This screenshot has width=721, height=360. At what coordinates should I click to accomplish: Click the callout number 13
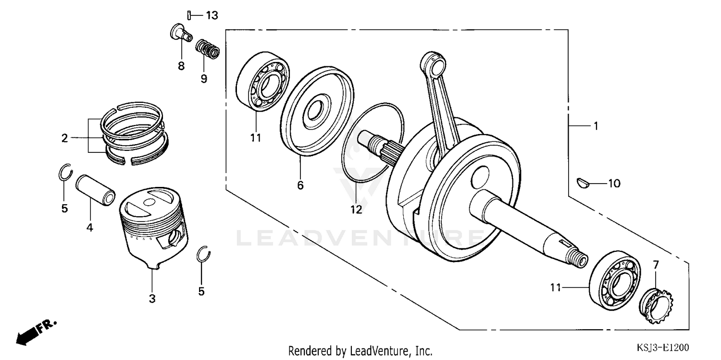pos(211,15)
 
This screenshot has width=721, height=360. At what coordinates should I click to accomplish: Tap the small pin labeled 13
pos(190,15)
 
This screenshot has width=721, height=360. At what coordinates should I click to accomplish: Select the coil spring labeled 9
pos(208,49)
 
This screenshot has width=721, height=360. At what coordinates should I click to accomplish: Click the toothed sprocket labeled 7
pos(658,304)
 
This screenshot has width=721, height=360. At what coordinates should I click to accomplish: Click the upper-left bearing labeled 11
pos(262,84)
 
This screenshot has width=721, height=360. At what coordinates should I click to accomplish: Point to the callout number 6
pos(300,185)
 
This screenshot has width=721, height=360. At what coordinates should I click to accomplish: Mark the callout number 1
pos(596,126)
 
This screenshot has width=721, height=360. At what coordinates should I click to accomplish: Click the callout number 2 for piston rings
pos(65,138)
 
